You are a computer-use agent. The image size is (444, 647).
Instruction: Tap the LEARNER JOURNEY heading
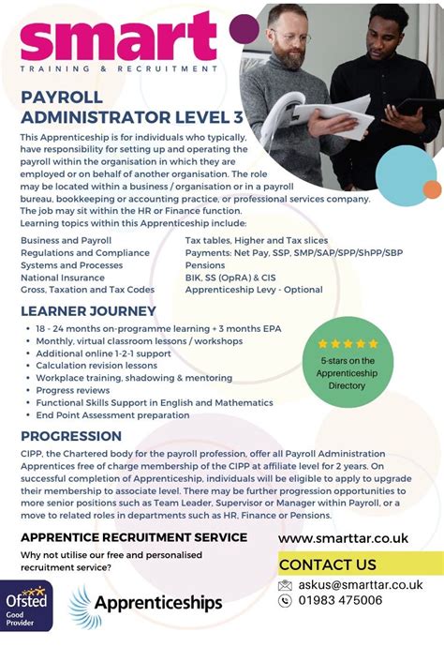88,311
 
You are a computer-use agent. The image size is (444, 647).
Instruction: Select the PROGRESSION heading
71,436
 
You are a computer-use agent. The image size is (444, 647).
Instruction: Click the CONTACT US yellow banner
361,564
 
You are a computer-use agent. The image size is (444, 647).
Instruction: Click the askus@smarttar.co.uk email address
368,585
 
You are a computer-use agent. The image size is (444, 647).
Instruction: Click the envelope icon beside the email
286,585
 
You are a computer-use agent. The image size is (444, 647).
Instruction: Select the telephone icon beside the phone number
286,601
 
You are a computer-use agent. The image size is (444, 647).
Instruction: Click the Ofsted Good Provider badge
26,606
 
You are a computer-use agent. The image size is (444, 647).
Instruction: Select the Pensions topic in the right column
206,265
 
